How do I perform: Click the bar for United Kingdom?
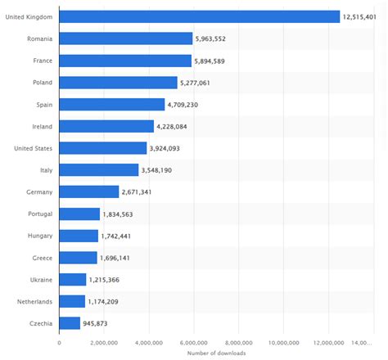click(199, 16)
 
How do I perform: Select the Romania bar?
click(125, 38)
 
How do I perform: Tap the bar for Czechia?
click(70, 323)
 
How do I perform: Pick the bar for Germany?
click(88, 191)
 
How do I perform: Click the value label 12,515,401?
click(363, 16)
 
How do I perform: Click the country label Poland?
click(43, 82)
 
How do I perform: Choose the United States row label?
click(34, 148)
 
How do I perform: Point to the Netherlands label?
click(37, 301)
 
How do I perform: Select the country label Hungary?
click(40, 236)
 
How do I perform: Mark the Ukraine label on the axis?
click(41, 279)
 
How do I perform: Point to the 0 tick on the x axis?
click(59, 341)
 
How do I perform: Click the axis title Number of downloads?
click(216, 353)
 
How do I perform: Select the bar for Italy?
click(98, 169)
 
